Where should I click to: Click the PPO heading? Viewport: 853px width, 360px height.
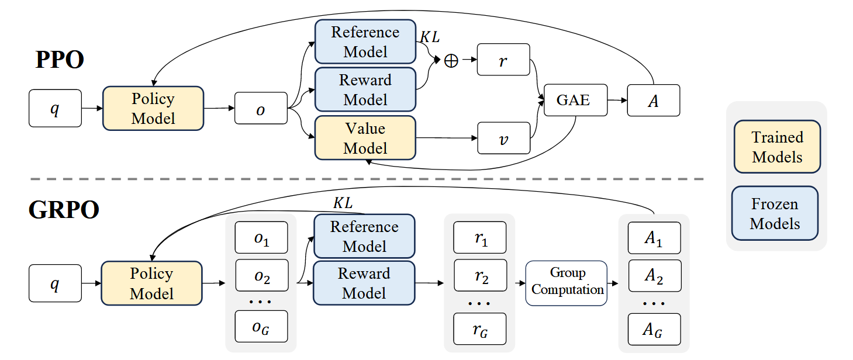[60, 60]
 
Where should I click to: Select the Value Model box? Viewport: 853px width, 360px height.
[365, 138]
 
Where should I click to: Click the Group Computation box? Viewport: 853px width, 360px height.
[567, 282]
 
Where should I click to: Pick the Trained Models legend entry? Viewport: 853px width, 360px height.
[777, 147]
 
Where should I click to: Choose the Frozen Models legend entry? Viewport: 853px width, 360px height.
[775, 213]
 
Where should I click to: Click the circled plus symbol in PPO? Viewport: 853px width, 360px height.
[451, 60]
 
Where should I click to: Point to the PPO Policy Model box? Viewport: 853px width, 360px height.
[153, 108]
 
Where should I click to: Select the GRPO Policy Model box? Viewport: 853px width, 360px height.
[152, 283]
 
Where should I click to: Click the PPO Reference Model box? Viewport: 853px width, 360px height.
[365, 42]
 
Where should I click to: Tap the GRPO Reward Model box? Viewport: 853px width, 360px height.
[364, 283]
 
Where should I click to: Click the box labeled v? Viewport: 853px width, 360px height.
[503, 138]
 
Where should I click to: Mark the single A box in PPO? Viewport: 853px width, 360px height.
[654, 100]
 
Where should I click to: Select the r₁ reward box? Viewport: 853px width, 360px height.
[480, 237]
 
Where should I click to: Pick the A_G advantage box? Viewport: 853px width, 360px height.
[654, 329]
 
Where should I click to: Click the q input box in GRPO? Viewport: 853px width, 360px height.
[55, 283]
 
